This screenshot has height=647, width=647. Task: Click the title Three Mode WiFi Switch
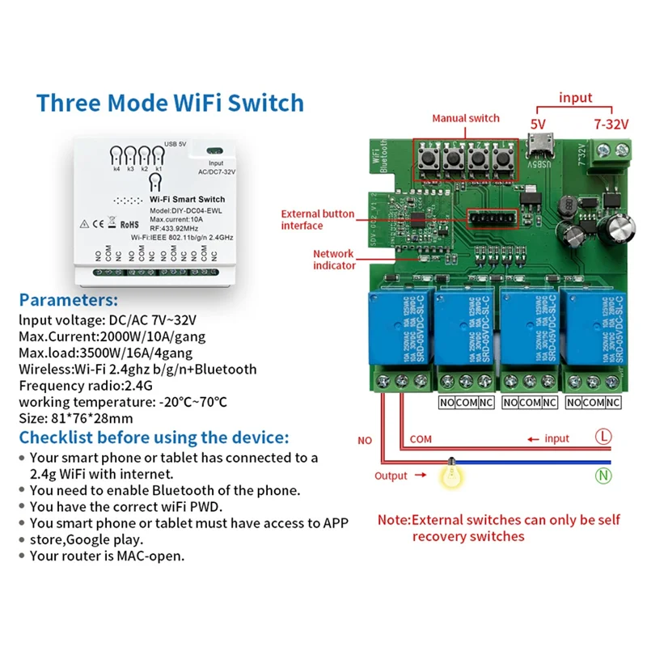pyautogui.click(x=170, y=103)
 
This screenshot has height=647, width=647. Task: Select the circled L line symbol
pyautogui.click(x=603, y=438)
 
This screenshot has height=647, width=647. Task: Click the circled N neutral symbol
pyautogui.click(x=603, y=476)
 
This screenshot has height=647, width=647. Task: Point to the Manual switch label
pyautogui.click(x=465, y=119)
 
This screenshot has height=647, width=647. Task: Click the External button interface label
pyautogui.click(x=317, y=219)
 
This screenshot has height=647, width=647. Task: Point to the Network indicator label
pyautogui.click(x=335, y=259)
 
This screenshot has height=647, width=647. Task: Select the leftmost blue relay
pyautogui.click(x=397, y=329)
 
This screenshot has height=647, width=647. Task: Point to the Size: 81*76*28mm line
pyautogui.click(x=87, y=418)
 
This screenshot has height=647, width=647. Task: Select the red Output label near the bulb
pyautogui.click(x=391, y=476)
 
